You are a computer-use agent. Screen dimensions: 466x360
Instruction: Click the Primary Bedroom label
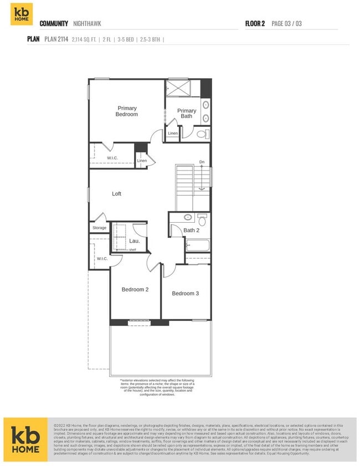tap(126, 111)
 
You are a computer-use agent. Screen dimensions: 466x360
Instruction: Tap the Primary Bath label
tap(187, 113)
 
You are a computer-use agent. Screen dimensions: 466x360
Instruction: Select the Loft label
tap(116, 194)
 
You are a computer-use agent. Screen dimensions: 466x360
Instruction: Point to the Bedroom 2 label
tap(135, 289)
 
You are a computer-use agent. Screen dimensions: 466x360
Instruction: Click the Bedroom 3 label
tap(185, 293)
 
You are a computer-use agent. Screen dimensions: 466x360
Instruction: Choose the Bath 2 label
tap(191, 230)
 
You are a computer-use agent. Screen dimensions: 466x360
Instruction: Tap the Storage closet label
tap(99, 228)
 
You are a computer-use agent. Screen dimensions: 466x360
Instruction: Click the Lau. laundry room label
tap(135, 241)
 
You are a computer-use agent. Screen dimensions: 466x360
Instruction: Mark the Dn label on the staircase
tap(202, 162)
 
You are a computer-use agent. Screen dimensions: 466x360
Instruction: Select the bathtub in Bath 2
tap(198, 245)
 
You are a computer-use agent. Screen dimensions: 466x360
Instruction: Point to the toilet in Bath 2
tap(202, 221)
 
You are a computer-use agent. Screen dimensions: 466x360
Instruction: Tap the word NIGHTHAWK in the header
tap(87, 24)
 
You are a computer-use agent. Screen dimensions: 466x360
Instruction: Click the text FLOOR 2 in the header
tap(255, 24)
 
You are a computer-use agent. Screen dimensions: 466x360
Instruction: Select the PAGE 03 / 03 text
tap(286, 24)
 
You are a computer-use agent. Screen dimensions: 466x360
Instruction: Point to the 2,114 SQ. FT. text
tap(84, 39)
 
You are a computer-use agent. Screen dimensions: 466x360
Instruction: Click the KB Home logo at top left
tap(22, 14)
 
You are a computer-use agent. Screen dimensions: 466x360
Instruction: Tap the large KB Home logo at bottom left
tap(25, 439)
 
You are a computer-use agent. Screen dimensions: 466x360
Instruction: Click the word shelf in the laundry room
tap(132, 250)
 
